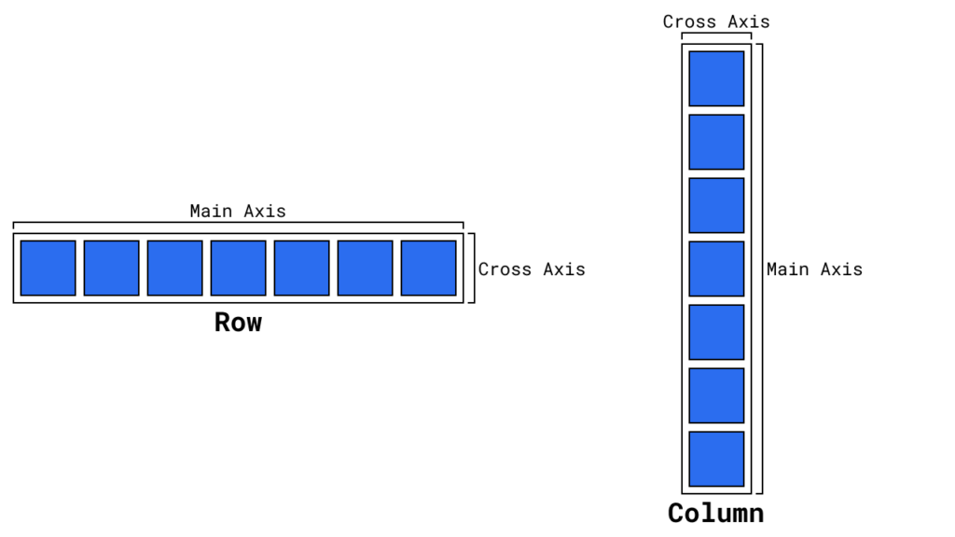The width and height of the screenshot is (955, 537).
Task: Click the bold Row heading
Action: tap(238, 323)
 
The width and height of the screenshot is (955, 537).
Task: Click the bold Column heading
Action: tap(715, 514)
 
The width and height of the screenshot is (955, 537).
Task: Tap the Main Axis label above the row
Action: tap(238, 211)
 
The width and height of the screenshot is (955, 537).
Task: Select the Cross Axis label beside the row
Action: tap(532, 269)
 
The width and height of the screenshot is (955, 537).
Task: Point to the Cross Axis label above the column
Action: tap(716, 21)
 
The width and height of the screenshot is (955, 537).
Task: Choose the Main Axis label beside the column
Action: tap(814, 269)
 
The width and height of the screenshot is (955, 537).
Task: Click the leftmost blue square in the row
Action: tap(48, 268)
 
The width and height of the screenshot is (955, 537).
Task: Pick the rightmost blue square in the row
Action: tap(428, 268)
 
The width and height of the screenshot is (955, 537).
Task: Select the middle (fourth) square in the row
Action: tap(238, 268)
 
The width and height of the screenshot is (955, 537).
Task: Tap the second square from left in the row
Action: tap(112, 268)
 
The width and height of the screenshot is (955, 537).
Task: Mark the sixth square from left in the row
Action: tap(365, 268)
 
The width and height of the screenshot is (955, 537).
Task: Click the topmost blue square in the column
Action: tap(716, 78)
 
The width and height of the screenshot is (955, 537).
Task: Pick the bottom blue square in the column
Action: tap(716, 459)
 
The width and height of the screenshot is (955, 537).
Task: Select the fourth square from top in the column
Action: tap(716, 268)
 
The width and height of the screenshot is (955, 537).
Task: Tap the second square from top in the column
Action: tap(716, 142)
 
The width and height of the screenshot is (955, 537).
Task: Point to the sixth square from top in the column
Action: tap(716, 395)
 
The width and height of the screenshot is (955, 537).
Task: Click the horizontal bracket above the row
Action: tap(238, 223)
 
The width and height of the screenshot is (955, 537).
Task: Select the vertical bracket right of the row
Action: tap(473, 268)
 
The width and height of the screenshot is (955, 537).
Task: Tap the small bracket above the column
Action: tap(716, 34)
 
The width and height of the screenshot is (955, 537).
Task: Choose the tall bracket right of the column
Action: tap(761, 268)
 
